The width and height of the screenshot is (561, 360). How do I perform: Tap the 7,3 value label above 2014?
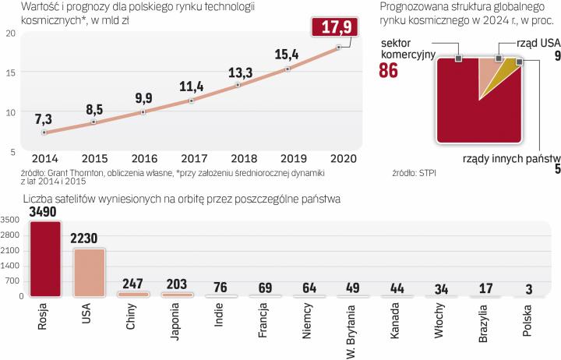click(x=44, y=118)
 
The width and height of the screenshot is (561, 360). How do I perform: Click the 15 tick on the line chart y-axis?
click(x=10, y=72)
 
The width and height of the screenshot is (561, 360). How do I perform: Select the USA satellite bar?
click(x=87, y=272)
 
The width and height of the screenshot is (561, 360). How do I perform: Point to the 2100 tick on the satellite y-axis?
click(x=13, y=249)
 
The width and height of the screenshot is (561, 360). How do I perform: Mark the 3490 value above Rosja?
click(x=43, y=212)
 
